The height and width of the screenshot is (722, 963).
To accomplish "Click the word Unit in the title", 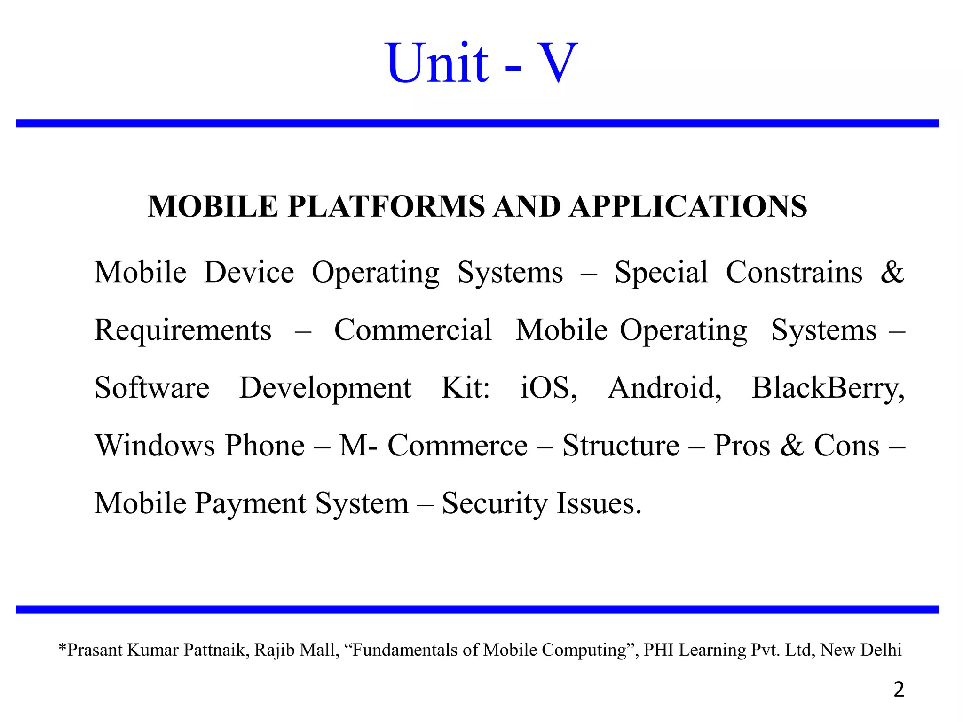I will [437, 63].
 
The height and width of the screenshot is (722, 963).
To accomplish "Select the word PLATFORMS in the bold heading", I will [386, 206].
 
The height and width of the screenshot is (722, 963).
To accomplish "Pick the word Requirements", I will [183, 330].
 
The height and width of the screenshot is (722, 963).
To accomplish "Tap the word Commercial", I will [413, 330].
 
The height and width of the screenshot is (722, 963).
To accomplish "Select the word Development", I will [325, 388].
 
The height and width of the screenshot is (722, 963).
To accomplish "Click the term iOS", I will [548, 388].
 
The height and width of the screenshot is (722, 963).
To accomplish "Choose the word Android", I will [664, 388].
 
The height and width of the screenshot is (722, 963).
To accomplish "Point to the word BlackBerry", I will [828, 389].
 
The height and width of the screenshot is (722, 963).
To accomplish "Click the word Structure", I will [621, 446].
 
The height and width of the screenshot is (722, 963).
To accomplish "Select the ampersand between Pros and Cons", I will [792, 446].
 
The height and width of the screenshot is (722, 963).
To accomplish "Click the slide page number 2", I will [899, 690].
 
